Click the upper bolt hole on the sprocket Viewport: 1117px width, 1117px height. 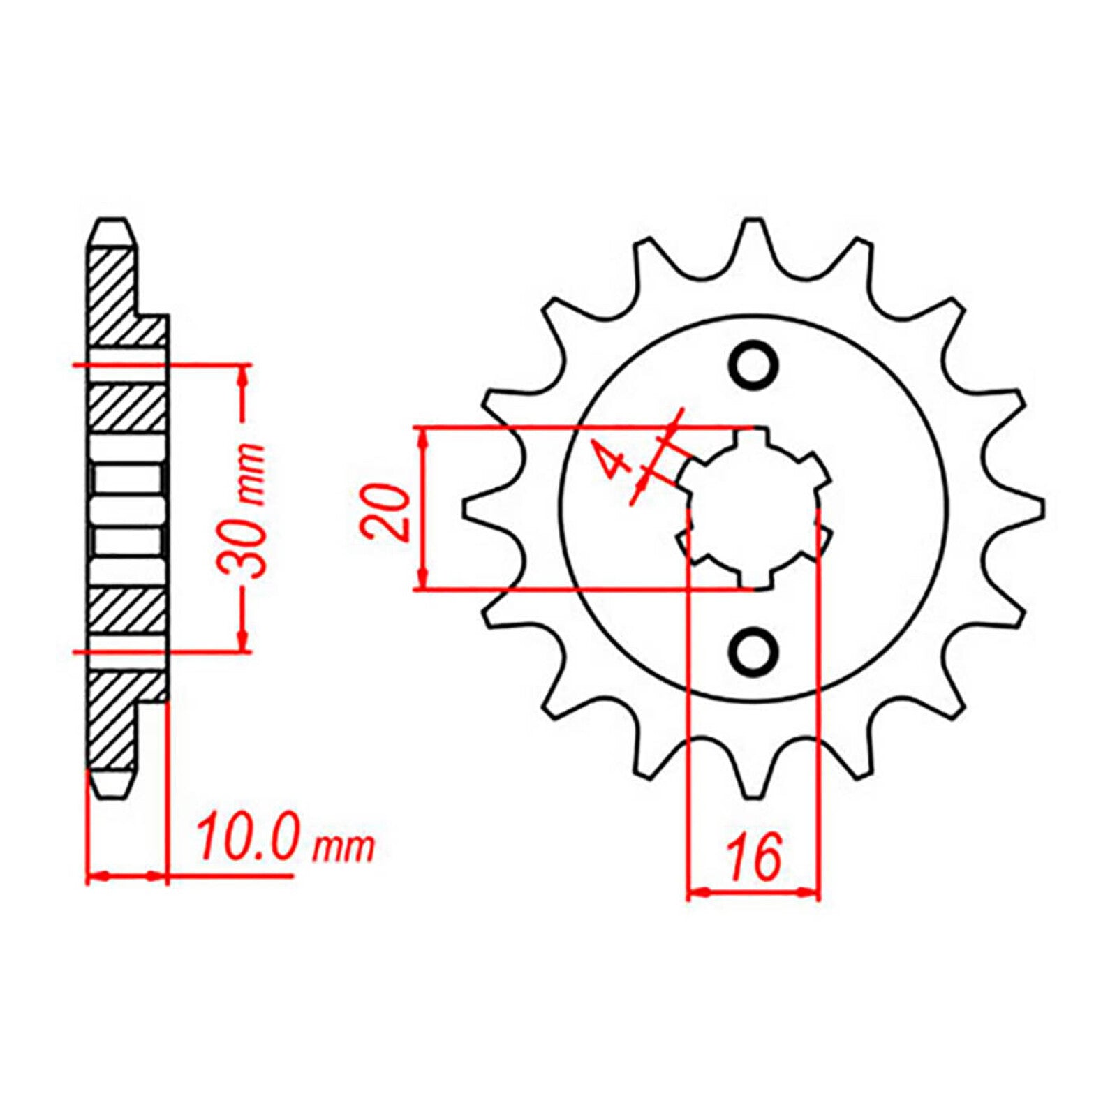click(754, 364)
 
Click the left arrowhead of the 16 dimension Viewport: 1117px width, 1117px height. click(698, 892)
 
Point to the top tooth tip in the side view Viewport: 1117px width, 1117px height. click(112, 227)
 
